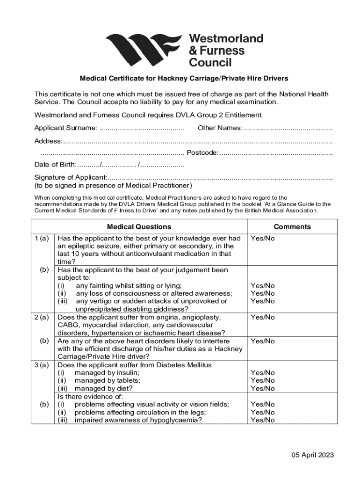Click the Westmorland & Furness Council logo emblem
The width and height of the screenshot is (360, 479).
pos(144,50)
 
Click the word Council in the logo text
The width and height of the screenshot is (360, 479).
pos(210,62)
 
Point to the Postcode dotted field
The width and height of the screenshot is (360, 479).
pos(276,152)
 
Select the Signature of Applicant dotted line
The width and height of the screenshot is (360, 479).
pos(220,177)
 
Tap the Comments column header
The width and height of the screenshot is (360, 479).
pos(292,227)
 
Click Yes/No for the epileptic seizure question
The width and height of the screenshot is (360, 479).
pos(263,239)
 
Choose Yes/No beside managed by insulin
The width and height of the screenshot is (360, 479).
pos(263,373)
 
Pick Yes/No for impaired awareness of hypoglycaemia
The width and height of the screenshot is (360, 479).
pos(263,420)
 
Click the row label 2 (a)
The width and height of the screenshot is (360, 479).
pos(42,317)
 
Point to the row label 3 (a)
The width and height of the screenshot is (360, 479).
pos(42,365)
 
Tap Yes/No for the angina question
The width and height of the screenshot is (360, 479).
pos(263,317)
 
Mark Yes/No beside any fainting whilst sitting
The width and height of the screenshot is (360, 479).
pos(263,286)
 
